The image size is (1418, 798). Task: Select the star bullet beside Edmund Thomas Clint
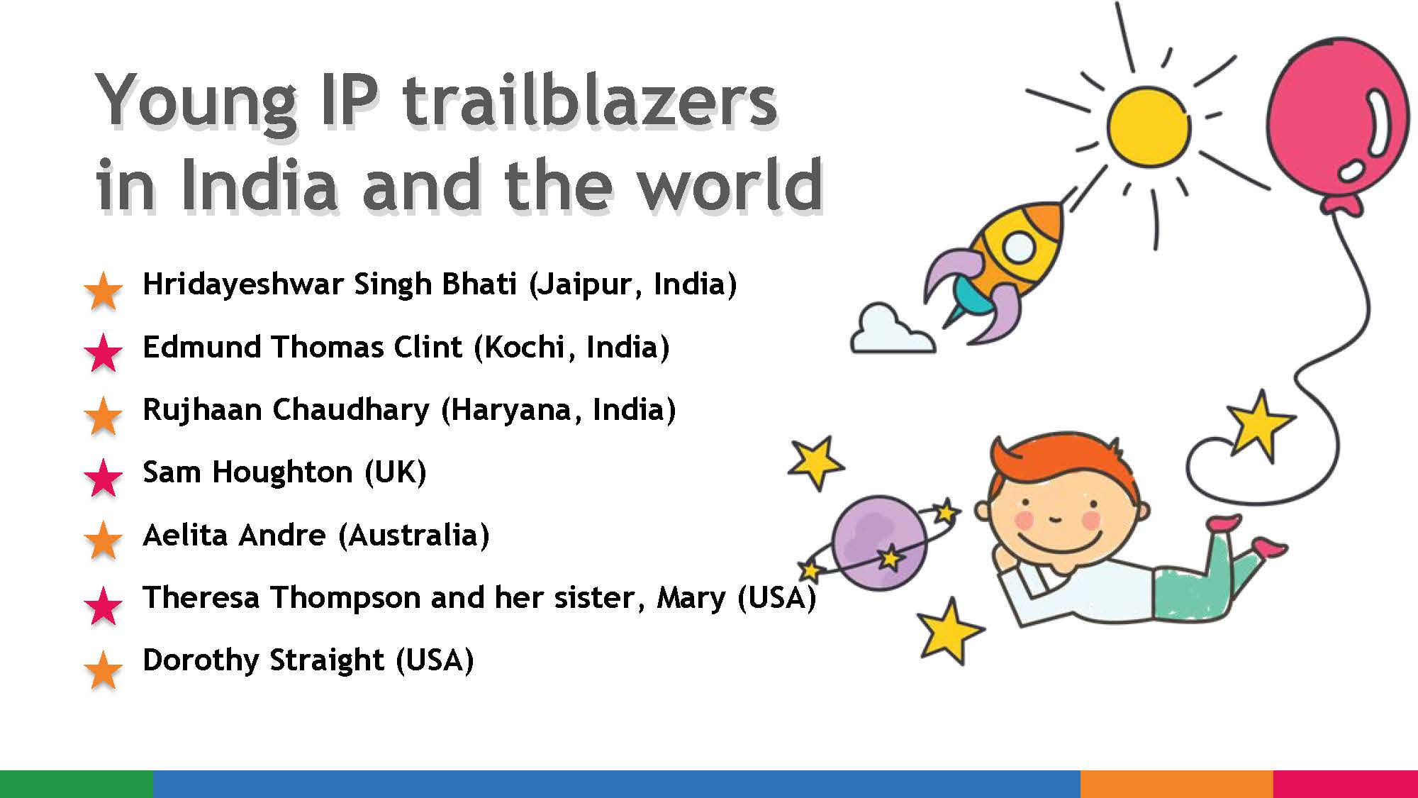click(104, 352)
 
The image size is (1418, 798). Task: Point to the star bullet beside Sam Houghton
click(104, 477)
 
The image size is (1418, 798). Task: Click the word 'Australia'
click(414, 536)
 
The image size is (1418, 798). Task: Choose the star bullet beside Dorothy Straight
click(104, 669)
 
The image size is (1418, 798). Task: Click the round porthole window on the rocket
click(1020, 246)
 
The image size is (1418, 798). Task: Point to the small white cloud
click(890, 332)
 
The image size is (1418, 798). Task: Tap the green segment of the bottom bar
click(76, 784)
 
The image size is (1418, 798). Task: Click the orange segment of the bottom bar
click(1176, 784)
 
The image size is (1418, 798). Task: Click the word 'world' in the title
click(730, 186)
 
